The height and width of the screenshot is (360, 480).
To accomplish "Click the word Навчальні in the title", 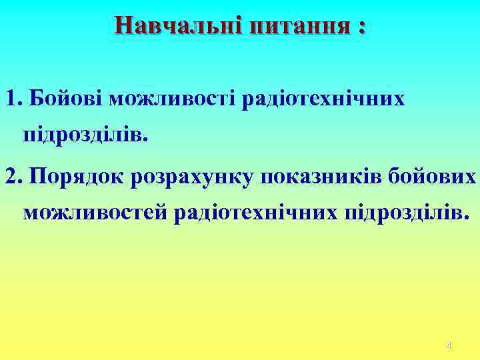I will click(178, 26).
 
